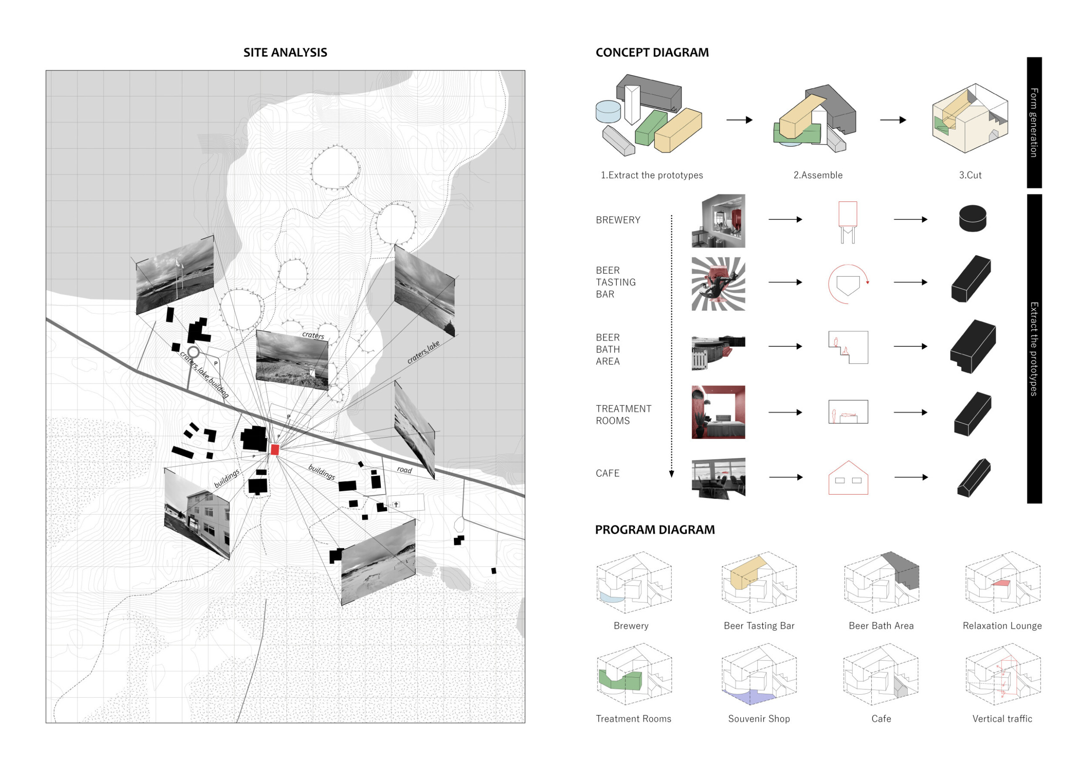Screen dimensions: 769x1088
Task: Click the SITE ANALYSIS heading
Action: [285, 53]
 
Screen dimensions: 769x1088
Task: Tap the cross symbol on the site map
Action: [396, 505]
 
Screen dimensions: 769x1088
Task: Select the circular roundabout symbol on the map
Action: [193, 352]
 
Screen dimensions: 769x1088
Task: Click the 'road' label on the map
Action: [404, 470]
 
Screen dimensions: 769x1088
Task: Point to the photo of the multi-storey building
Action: [197, 514]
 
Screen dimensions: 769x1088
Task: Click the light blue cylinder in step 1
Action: [608, 112]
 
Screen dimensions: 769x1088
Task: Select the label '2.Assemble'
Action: [818, 175]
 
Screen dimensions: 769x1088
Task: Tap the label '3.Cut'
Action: [970, 175]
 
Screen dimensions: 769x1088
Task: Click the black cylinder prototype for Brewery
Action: [972, 218]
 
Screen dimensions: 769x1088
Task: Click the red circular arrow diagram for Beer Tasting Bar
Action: [848, 284]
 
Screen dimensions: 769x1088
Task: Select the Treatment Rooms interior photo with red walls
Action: [718, 412]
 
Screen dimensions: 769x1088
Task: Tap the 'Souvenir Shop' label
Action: [759, 719]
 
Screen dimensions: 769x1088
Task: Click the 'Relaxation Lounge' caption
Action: [1002, 626]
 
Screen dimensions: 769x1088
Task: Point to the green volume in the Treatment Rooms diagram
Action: [620, 680]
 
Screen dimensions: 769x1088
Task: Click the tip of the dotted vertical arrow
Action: [672, 475]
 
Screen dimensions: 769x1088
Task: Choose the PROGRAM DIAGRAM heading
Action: [655, 530]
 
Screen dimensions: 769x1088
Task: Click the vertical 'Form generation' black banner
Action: [1034, 122]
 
